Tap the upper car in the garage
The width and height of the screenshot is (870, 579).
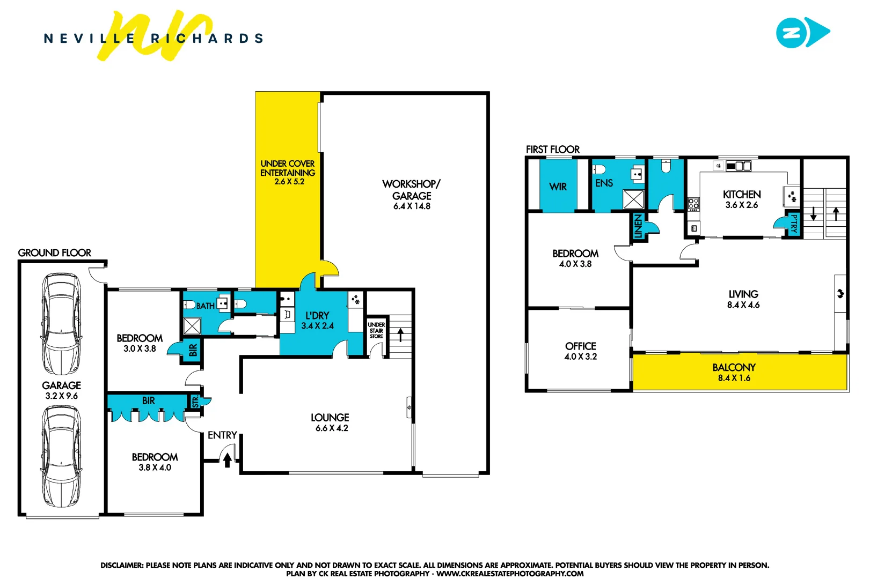(x=62, y=324)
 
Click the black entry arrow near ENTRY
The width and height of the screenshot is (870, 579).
(x=228, y=459)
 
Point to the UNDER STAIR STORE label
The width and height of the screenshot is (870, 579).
(x=376, y=330)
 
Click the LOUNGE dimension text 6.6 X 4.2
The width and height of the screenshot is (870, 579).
(x=332, y=428)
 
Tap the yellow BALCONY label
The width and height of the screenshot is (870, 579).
(x=734, y=368)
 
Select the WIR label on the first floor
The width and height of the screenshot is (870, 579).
(x=558, y=187)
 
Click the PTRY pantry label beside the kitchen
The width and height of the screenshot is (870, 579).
(x=794, y=224)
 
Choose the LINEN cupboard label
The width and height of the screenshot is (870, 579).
(x=638, y=226)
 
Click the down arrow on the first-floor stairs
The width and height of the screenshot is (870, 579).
(x=813, y=213)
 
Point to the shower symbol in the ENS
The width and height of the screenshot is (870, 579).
(x=633, y=199)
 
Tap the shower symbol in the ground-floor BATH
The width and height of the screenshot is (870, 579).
(x=192, y=325)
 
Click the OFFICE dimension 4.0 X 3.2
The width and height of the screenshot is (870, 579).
(x=580, y=357)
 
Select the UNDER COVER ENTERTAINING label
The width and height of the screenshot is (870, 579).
(x=288, y=168)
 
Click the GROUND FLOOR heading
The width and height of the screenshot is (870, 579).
(x=54, y=253)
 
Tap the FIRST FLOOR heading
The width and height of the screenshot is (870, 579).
(x=552, y=150)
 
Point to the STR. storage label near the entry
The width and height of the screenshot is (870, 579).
(x=195, y=401)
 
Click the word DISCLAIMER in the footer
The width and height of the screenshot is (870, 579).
(x=122, y=565)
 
